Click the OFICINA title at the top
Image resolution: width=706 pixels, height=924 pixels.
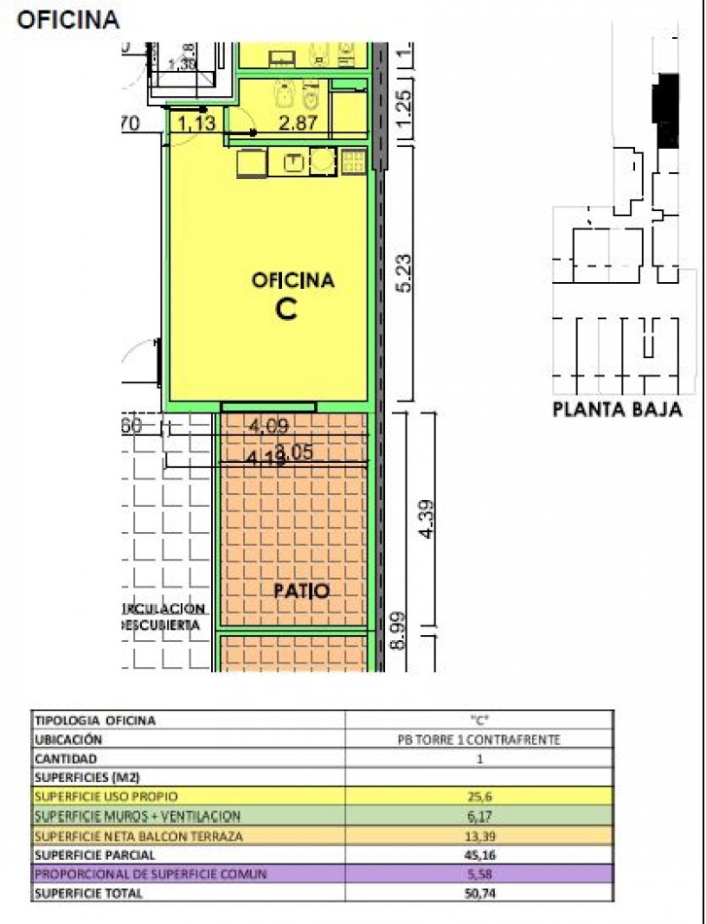coord(68,18)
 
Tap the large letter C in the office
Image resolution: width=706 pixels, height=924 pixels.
coord(286,308)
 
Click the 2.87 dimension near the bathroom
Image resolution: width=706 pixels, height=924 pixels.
coord(298,123)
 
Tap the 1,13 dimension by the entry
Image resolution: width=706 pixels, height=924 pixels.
coord(195,123)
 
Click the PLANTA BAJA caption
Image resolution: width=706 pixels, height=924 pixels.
coord(618,409)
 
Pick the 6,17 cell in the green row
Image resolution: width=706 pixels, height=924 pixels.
coord(478,815)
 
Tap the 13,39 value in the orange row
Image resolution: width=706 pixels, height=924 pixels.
coord(478,835)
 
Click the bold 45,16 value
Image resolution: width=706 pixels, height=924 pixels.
coord(478,855)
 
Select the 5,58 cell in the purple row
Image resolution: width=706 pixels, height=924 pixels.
coord(478,874)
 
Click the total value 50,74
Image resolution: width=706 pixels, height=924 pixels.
coord(478,894)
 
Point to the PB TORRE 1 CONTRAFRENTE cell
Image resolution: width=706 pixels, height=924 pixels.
coord(478,739)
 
